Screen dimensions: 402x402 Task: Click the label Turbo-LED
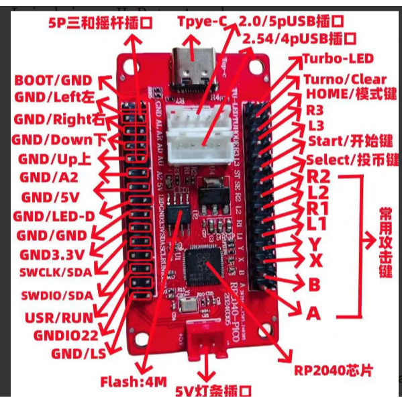pyautogui.click(x=338, y=58)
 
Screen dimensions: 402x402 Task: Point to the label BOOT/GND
pyautogui.click(x=53, y=81)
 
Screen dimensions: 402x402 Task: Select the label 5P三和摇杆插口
pyautogui.click(x=100, y=22)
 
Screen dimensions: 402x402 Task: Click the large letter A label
pyautogui.click(x=313, y=313)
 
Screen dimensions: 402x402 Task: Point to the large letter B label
pyautogui.click(x=313, y=285)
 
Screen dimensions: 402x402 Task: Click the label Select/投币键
pyautogui.click(x=352, y=160)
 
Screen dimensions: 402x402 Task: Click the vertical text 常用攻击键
pyautogui.click(x=385, y=242)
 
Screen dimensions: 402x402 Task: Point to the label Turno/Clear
pyautogui.click(x=345, y=79)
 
